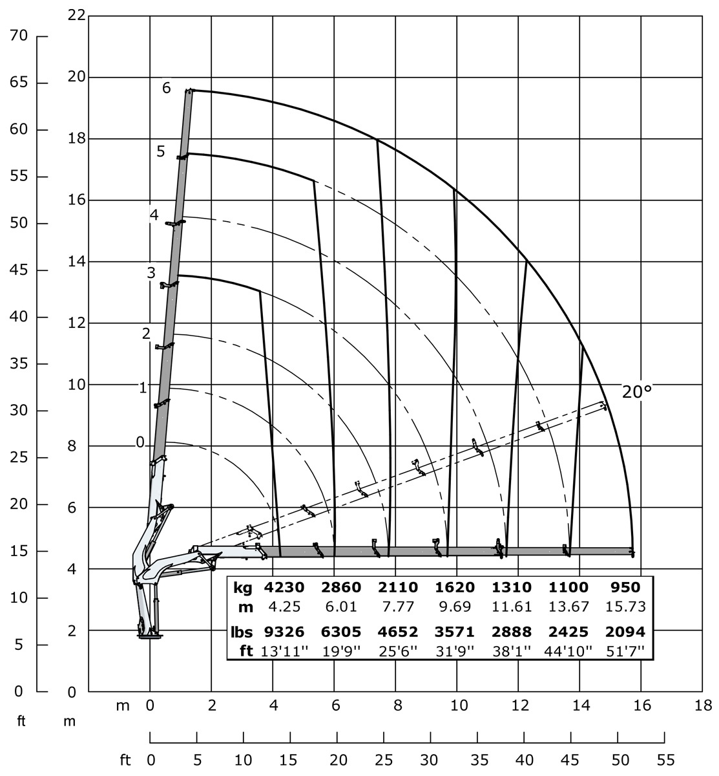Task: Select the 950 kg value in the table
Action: click(x=625, y=588)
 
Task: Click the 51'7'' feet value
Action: click(x=625, y=651)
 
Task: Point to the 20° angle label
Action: click(x=637, y=391)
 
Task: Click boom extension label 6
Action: click(x=167, y=88)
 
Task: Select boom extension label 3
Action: click(x=151, y=273)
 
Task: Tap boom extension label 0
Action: click(x=140, y=443)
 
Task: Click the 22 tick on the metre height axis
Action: click(x=76, y=15)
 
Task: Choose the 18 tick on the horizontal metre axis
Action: click(x=702, y=706)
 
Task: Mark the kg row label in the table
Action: click(x=243, y=588)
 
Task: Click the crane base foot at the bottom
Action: click(x=149, y=636)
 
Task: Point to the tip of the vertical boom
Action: click(x=189, y=91)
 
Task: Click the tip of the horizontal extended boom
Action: click(x=632, y=552)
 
